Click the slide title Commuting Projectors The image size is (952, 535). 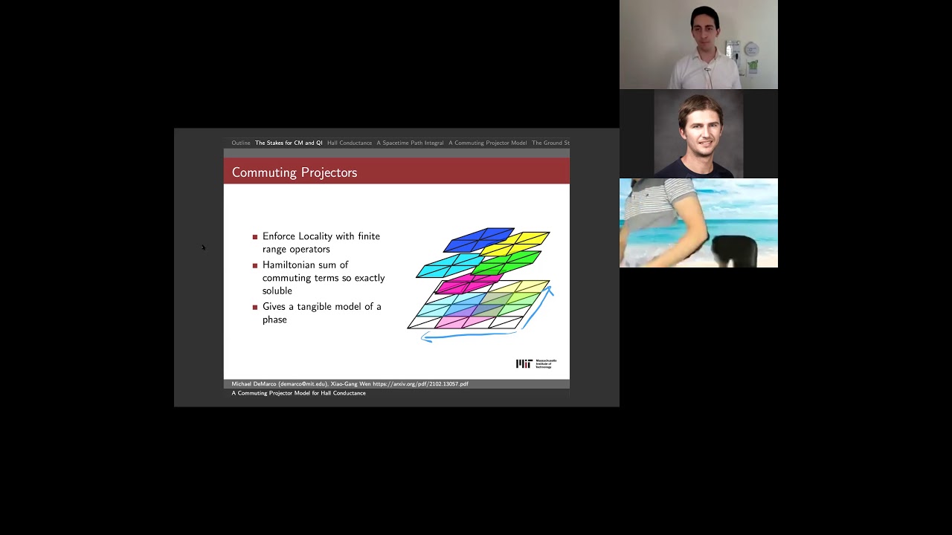295,172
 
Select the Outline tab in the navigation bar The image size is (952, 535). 241,143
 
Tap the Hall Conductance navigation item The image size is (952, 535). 350,143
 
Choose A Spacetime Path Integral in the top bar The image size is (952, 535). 410,143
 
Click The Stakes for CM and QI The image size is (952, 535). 289,143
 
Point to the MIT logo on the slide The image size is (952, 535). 535,363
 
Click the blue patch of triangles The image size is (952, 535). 478,239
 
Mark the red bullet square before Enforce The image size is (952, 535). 255,237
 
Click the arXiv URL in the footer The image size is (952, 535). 420,384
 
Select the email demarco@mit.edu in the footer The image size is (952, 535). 303,384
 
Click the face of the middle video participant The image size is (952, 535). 699,126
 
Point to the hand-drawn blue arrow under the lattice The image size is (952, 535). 469,337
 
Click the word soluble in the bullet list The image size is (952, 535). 277,291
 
